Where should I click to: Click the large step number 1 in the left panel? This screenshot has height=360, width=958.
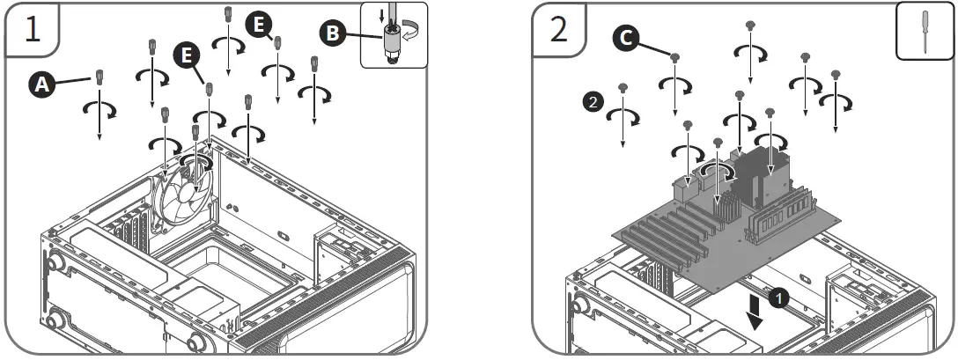[32, 29]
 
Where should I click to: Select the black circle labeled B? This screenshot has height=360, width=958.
[332, 34]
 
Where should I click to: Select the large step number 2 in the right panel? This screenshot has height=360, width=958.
[559, 29]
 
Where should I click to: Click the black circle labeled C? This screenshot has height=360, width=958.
[623, 38]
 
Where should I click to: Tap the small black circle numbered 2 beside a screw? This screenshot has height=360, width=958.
[593, 102]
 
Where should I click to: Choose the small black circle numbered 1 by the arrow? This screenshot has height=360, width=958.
[777, 298]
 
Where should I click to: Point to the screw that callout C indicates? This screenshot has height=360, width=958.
[674, 58]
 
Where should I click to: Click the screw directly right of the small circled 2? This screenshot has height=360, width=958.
[623, 88]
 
